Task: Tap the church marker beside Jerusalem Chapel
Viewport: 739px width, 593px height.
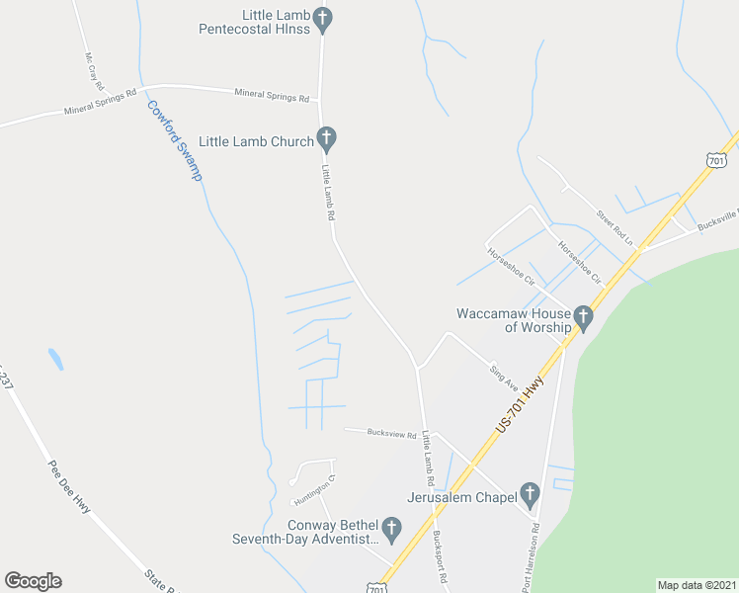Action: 530,493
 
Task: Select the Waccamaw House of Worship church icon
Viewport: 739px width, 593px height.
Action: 583,317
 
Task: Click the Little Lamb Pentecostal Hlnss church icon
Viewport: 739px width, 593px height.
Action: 323,18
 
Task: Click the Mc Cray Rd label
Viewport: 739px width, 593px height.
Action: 95,71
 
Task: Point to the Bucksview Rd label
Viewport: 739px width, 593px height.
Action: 392,433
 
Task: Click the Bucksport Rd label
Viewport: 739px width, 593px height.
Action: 442,561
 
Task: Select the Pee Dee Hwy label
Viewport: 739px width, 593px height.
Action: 69,486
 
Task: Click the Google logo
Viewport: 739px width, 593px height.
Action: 33,581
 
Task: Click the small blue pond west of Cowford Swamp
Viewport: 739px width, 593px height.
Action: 55,359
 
